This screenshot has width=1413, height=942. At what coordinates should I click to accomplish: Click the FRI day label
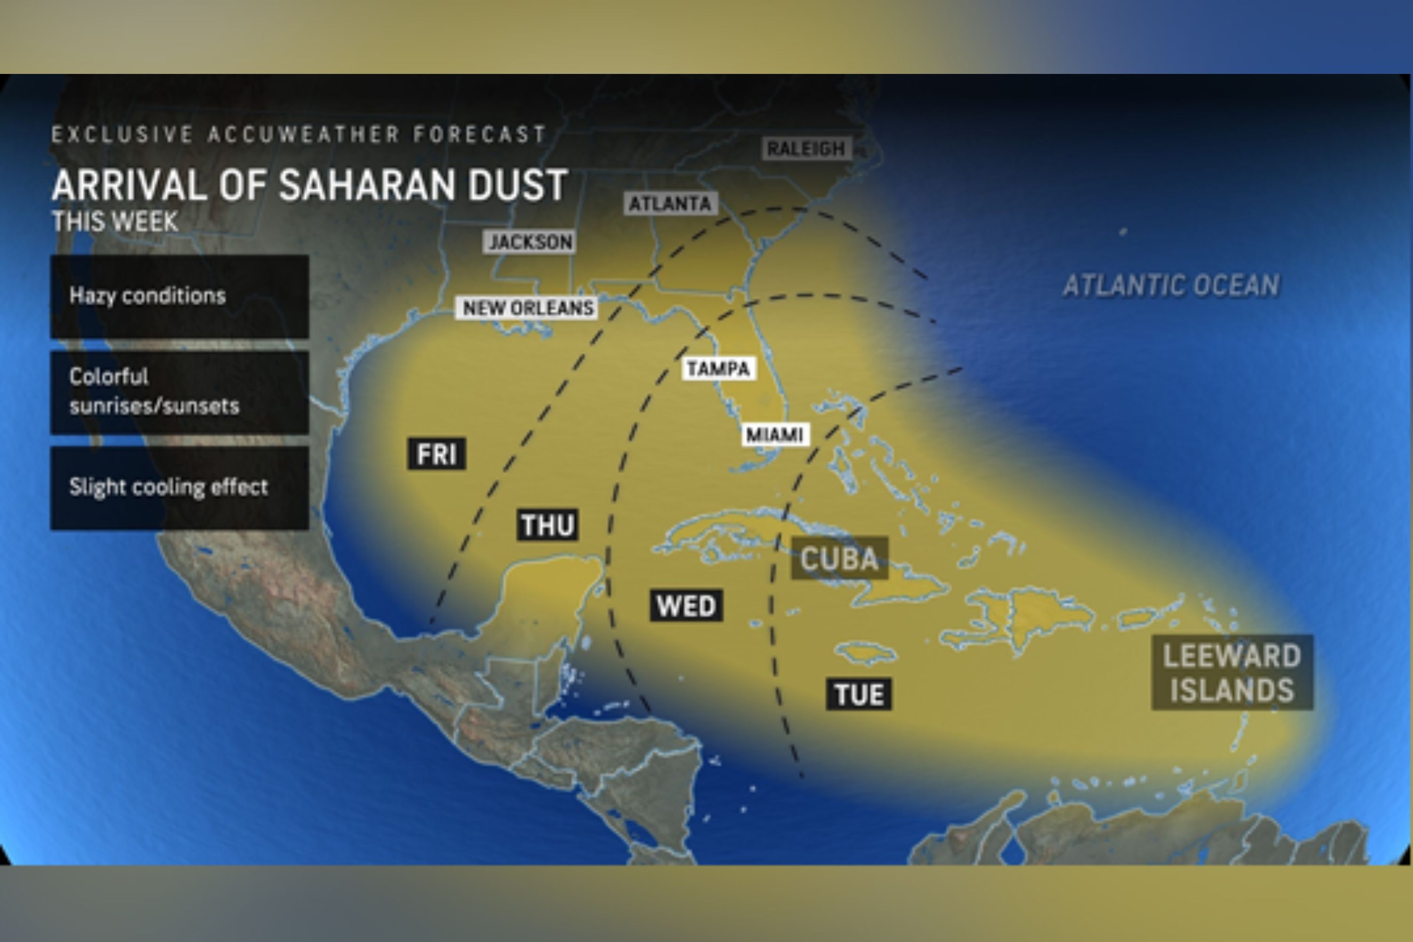(437, 454)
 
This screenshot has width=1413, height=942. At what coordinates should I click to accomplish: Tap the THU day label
(547, 525)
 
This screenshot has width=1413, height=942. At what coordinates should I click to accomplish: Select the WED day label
(686, 606)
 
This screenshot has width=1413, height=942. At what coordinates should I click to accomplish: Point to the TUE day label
(859, 694)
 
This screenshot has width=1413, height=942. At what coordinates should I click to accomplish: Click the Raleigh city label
(806, 148)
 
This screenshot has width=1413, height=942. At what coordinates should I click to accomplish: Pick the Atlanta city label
(670, 203)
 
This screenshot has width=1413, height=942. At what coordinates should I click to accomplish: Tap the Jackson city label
(529, 242)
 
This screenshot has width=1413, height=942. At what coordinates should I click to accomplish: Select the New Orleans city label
(527, 308)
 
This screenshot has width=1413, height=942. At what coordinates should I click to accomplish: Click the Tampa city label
(719, 368)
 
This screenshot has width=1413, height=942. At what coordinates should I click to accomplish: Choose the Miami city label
(775, 434)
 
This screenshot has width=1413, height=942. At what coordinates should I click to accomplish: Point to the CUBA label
(839, 559)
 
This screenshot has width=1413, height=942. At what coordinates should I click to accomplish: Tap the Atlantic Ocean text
(1171, 285)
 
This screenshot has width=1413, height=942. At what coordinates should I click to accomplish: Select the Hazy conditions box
(179, 296)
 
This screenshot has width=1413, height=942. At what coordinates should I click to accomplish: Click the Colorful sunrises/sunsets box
(179, 392)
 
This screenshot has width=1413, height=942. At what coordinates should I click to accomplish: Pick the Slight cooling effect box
(179, 487)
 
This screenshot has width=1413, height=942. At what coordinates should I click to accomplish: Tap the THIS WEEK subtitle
(115, 222)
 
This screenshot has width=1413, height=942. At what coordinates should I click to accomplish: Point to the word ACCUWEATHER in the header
(303, 134)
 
